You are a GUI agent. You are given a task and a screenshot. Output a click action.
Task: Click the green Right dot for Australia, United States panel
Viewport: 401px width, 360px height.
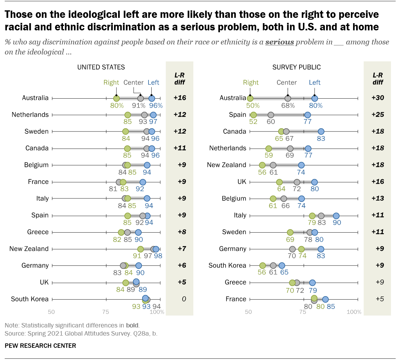117,99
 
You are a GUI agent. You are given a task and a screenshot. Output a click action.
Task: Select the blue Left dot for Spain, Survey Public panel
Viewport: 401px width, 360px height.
308,115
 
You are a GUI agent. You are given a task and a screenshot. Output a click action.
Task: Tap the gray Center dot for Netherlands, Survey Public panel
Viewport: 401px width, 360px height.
290,148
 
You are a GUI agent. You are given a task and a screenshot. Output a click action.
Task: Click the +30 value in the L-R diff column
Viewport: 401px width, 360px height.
378,98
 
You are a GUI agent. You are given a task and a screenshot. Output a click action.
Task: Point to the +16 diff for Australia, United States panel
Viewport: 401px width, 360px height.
180,98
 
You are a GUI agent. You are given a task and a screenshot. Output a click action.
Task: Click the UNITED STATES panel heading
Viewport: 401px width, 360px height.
101,67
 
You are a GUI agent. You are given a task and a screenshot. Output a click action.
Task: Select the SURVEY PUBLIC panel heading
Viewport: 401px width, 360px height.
296,67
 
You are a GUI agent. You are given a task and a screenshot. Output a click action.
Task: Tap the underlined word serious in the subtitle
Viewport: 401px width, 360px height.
279,42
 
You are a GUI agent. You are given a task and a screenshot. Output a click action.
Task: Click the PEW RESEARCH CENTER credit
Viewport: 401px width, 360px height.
40,346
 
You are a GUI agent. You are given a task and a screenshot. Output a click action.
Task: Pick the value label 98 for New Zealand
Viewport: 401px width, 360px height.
158,256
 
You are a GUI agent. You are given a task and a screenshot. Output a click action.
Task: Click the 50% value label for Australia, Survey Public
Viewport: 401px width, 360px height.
253,105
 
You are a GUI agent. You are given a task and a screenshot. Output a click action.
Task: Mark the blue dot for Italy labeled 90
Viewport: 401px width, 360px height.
336,216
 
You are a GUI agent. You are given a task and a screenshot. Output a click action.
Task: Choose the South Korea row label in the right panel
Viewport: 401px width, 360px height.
227,265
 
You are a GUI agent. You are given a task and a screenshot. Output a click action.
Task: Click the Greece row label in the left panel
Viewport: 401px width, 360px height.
38,232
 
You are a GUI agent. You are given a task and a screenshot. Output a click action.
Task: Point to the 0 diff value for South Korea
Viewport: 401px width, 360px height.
184,299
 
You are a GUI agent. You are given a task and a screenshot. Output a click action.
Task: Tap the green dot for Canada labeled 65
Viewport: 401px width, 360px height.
281,131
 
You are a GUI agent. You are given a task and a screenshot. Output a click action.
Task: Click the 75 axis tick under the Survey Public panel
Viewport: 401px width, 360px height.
303,312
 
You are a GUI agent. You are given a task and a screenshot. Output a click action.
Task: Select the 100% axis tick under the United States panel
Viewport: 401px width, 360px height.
157,312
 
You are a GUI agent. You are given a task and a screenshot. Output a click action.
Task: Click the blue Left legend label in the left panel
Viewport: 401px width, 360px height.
153,82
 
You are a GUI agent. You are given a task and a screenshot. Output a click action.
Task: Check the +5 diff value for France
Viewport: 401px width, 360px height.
379,299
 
